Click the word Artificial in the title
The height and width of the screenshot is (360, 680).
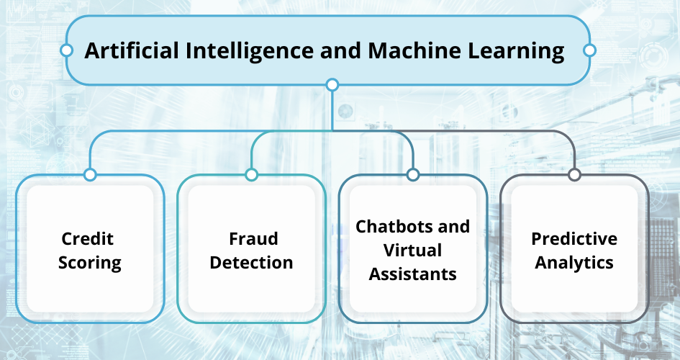[132, 50]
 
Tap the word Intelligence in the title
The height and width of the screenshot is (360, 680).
[250, 51]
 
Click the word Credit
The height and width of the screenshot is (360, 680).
[88, 238]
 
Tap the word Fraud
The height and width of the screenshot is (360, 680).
[253, 238]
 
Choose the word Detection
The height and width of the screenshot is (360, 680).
[252, 262]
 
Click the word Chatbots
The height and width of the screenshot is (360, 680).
[391, 226]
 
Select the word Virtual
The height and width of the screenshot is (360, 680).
[413, 251]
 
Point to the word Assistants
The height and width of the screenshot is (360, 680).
[413, 274]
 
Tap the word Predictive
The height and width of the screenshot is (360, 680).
[574, 238]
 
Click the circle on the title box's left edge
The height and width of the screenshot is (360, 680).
[66, 50]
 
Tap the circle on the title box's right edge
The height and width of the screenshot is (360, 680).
[589, 50]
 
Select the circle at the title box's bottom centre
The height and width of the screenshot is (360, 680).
[332, 84]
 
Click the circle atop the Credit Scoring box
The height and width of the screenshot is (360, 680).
[90, 175]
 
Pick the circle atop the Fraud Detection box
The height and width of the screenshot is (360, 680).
[252, 175]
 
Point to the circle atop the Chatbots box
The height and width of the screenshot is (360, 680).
[413, 175]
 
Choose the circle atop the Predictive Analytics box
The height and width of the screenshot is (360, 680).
[574, 175]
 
